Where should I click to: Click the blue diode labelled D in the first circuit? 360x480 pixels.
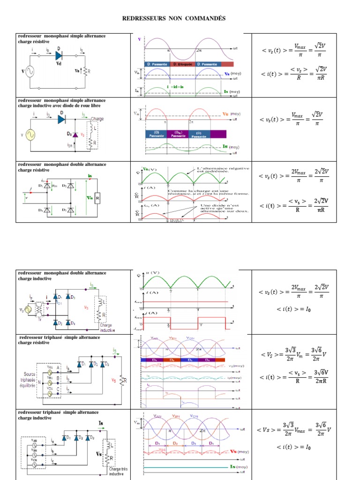coord(60,55)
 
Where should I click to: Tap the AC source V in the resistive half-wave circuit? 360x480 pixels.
coord(29,72)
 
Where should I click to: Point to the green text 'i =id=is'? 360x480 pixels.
coord(175,87)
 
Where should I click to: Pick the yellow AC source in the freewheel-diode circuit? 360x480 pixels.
coord(30,135)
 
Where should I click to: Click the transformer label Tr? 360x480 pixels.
coord(39,319)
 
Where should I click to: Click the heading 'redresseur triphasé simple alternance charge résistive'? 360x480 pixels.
coord(59,340)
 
